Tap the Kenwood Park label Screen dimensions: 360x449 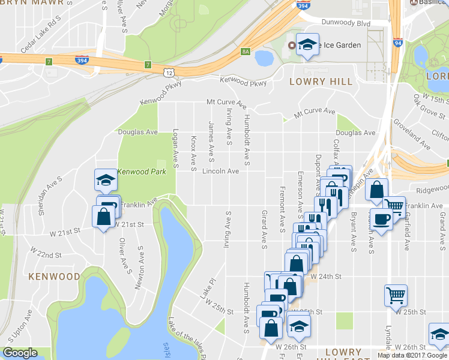[141, 172]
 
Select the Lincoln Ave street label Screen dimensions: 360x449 [220, 171]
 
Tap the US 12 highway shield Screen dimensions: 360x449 [169, 72]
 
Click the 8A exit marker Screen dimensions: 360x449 [245, 52]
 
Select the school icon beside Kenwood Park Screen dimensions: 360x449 [105, 179]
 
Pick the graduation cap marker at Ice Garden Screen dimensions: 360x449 [308, 44]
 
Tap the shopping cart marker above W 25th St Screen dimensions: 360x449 [396, 294]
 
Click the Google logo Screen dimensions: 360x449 [20, 353]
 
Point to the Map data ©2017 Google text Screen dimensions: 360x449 [413, 355]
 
